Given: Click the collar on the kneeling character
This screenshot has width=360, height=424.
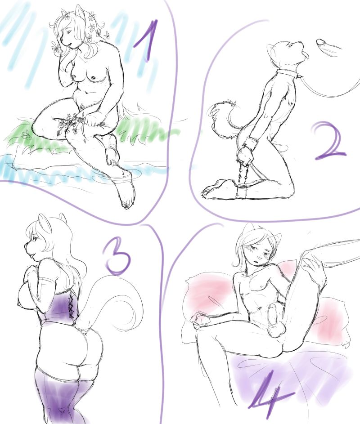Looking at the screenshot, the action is coord(288,74).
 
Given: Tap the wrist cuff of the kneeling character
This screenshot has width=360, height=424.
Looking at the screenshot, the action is coord(249,143).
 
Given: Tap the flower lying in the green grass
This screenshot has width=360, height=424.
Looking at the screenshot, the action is coord(26,134).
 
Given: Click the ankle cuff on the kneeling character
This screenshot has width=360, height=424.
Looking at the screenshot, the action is coord(241,192).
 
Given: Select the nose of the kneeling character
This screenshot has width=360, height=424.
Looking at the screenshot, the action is coord(300,42).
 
